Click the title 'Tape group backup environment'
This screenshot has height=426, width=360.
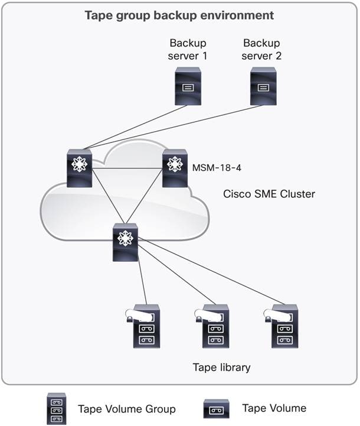coord(179,15)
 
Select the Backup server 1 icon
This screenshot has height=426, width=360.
coord(186,86)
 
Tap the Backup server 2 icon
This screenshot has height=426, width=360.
coord(263,86)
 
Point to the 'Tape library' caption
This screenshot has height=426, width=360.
coord(221,368)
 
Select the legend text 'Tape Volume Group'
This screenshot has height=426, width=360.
coord(127,409)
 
